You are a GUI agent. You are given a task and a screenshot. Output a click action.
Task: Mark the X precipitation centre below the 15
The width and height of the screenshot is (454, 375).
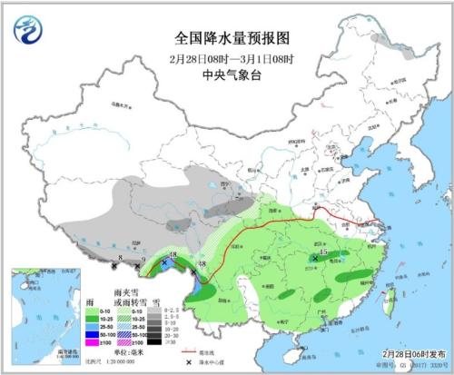315,259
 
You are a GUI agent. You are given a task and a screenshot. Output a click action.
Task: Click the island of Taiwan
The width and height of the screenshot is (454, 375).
390,303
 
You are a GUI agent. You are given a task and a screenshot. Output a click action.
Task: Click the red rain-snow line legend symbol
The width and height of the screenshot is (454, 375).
188,352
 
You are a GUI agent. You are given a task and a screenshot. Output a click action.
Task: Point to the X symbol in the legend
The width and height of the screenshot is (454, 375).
188,362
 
